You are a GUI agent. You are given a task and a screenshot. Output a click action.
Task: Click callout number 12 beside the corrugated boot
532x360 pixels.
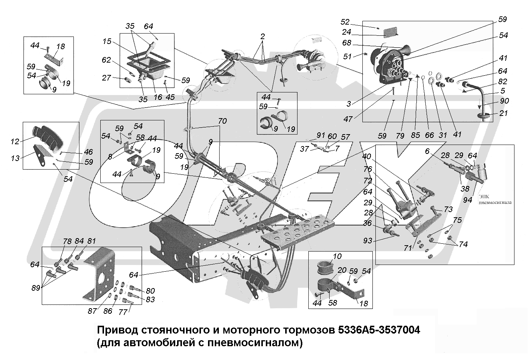tap(15, 142)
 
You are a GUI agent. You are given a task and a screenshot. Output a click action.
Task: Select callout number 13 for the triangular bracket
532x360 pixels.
tap(15, 158)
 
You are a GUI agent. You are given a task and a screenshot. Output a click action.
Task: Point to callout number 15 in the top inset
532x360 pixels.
tap(107, 41)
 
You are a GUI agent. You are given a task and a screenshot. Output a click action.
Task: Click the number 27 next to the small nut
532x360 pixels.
tap(107, 78)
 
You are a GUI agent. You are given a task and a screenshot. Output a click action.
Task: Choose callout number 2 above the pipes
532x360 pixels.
tap(262, 37)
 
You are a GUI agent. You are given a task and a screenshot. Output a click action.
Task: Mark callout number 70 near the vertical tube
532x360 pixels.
tap(222, 121)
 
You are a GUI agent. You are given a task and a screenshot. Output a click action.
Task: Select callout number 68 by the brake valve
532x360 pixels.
tap(347, 43)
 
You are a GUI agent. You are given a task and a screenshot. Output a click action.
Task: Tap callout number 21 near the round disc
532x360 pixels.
tap(503, 113)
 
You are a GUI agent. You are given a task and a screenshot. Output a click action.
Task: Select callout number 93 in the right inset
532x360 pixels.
tap(368, 241)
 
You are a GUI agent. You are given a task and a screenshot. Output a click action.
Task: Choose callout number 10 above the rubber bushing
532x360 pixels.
tap(337, 256)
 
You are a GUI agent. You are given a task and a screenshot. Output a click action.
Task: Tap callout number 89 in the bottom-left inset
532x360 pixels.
tap(36, 288)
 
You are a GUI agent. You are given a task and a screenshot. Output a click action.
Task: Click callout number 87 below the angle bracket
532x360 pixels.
tap(92, 311)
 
